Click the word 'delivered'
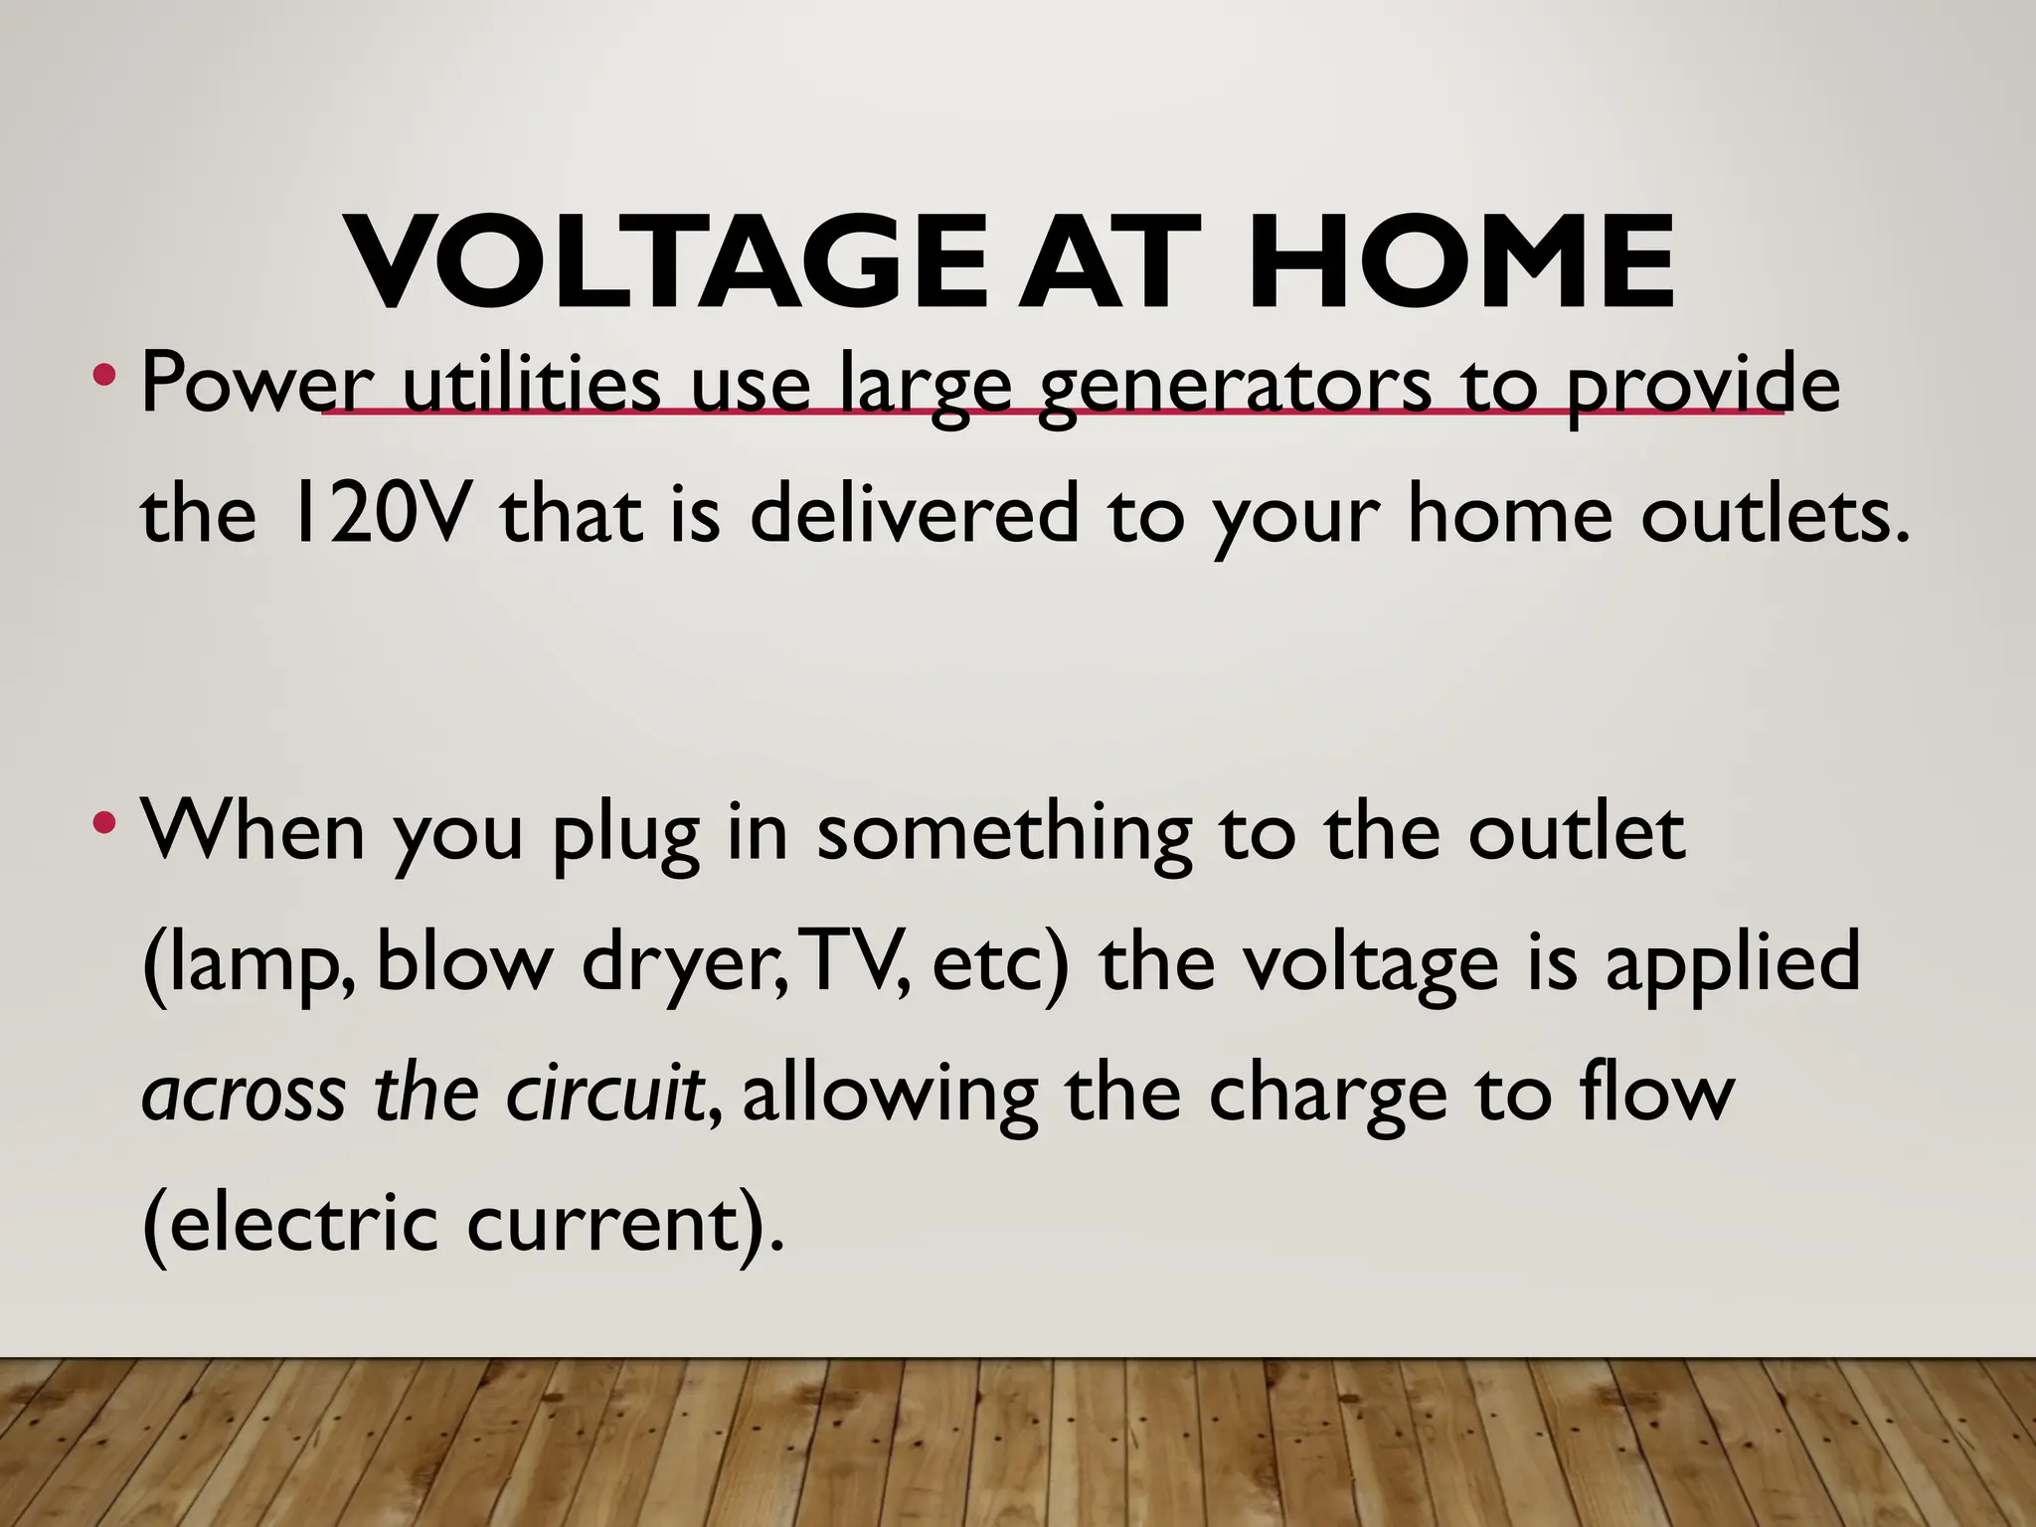pos(914,514)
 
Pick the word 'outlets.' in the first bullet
pos(1776,514)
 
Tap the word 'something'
pos(1003,835)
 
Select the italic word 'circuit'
pos(606,1093)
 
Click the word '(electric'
pos(289,1223)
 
